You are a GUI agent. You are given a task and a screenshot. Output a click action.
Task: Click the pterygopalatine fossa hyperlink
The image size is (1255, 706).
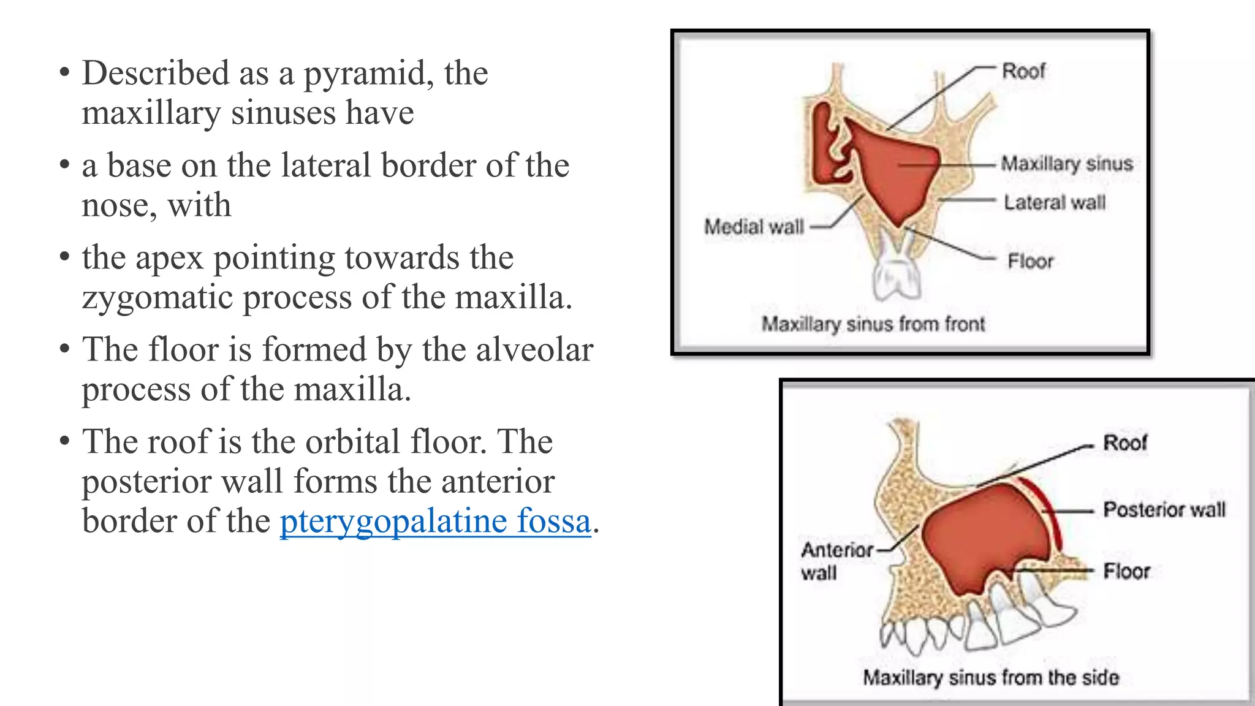tap(435, 522)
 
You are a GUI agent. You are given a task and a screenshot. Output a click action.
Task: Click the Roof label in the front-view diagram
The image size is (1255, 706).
tap(1023, 71)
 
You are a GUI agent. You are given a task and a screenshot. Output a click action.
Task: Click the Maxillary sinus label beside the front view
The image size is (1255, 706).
tap(1066, 164)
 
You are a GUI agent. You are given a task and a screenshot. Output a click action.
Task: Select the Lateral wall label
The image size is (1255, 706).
tap(1054, 202)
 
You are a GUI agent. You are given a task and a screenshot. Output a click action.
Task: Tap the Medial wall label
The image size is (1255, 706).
tap(754, 227)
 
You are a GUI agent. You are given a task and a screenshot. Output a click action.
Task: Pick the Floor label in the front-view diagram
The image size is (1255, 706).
tap(1030, 262)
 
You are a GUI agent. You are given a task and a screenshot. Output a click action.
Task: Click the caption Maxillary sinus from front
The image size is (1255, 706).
tap(873, 324)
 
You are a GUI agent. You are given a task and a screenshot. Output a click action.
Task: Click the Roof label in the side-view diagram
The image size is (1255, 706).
tap(1124, 442)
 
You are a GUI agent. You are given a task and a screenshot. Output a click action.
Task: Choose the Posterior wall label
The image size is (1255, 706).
tap(1164, 509)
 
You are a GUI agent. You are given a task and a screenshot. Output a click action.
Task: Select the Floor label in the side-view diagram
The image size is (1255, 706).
tap(1126, 571)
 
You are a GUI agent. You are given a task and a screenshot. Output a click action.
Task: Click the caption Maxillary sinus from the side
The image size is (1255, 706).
tap(991, 677)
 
